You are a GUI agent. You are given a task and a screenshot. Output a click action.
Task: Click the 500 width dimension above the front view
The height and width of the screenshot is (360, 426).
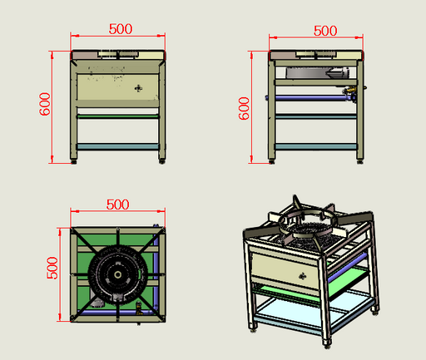[120, 27]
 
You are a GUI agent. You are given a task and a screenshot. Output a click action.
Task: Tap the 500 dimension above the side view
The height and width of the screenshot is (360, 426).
[324, 31]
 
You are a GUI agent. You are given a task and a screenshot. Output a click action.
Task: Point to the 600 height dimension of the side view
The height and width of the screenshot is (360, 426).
[245, 107]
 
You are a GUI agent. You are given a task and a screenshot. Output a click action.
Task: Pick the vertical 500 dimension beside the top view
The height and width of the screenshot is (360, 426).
[52, 267]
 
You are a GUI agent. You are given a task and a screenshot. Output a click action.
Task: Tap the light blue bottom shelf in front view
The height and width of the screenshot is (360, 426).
[117, 146]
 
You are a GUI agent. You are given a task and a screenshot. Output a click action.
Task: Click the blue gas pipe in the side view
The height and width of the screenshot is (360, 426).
[308, 100]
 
